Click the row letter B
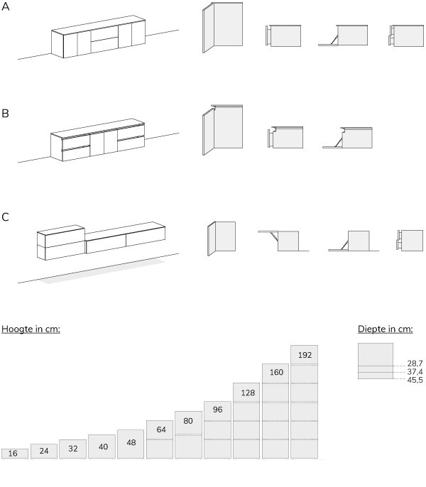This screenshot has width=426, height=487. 6,113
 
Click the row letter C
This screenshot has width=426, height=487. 6,217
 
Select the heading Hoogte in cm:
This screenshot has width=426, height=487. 31,329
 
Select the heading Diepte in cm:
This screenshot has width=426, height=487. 385,329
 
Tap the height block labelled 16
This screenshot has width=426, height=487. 15,454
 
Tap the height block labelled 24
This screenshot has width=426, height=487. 44,451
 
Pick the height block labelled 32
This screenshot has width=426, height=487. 72,449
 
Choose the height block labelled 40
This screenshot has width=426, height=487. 102,446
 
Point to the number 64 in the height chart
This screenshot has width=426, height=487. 160,429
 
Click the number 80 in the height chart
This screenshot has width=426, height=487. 189,420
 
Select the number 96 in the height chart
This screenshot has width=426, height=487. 217,410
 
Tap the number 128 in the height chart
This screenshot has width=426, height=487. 246,392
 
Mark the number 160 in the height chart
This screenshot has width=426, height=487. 275,373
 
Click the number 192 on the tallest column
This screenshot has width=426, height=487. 304,354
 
